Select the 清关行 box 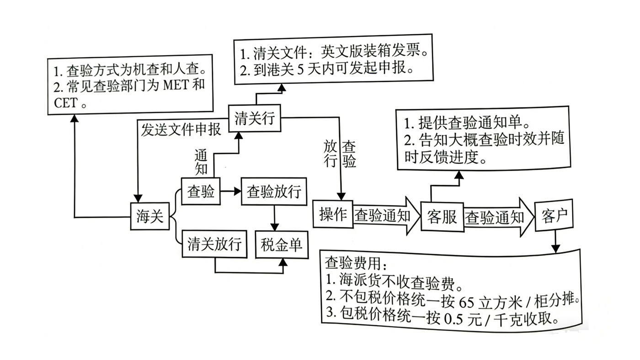254,118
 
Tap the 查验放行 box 274,191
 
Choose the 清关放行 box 214,244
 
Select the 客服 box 442,216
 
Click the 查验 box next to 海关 201,191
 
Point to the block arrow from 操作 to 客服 384,215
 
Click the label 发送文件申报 181,129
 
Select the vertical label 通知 201,161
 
